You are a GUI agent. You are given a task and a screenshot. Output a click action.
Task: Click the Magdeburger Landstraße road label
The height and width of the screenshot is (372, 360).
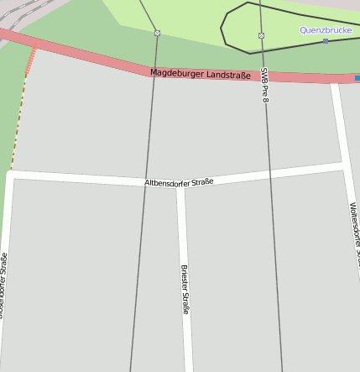coord(201,74)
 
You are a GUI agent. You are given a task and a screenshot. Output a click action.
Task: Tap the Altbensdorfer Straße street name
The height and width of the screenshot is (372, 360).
coord(179,181)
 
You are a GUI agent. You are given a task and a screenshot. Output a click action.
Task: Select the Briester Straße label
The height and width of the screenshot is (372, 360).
coord(185,290)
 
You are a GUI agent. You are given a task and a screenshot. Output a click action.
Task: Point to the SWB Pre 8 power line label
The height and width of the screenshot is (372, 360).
coord(264,85)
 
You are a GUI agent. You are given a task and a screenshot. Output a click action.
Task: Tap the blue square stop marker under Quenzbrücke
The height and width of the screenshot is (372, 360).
coord(326,40)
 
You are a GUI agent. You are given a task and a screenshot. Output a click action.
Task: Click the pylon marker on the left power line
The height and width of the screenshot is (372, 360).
coord(157,33)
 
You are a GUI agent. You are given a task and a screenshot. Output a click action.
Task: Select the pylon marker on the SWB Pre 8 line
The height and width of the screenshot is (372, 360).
coord(261,35)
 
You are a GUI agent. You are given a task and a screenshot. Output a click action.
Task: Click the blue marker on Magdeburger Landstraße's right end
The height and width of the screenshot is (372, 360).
coord(357,78)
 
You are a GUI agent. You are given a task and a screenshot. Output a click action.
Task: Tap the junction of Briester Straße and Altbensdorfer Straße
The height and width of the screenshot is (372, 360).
coord(180,186)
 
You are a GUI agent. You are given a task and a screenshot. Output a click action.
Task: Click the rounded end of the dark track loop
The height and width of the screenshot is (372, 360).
coord(223,27)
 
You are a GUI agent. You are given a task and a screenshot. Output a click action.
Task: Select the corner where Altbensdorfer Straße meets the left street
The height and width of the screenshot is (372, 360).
coord(9,176)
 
